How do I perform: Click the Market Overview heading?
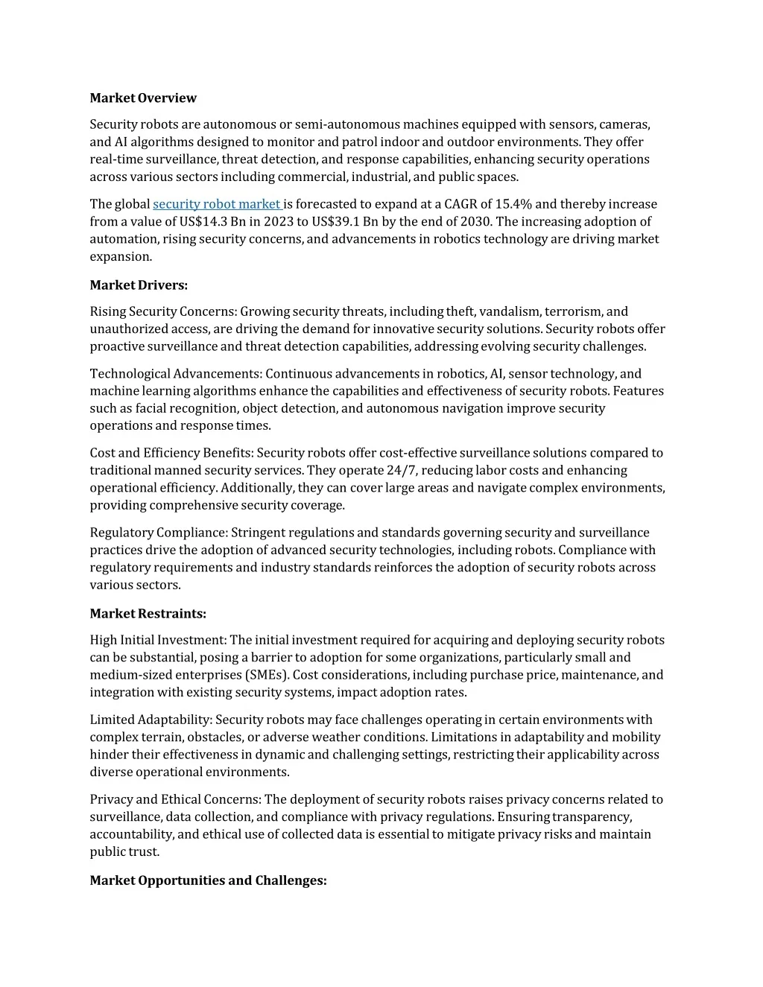[x=143, y=98]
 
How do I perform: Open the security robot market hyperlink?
[x=216, y=204]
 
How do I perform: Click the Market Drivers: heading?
[x=139, y=285]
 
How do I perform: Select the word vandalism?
[x=510, y=311]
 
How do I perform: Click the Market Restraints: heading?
[x=148, y=614]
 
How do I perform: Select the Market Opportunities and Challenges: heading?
[x=208, y=880]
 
